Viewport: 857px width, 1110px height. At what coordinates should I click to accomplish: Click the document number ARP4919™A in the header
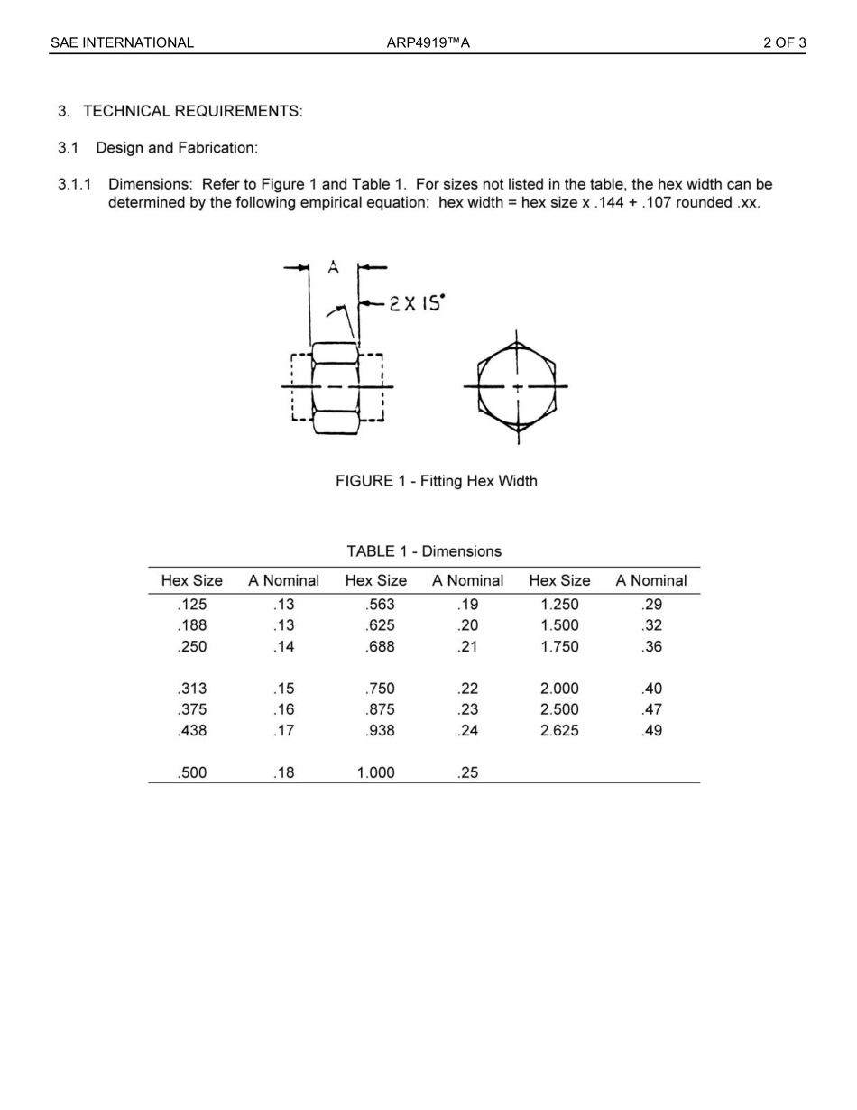pyautogui.click(x=428, y=42)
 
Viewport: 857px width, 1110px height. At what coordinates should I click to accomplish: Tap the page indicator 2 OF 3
pyautogui.click(x=784, y=42)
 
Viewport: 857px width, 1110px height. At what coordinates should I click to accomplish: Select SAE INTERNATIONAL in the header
pyautogui.click(x=122, y=42)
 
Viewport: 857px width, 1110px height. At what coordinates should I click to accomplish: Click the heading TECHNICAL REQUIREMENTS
pyautogui.click(x=192, y=111)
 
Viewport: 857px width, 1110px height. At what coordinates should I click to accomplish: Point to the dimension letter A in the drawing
pyautogui.click(x=333, y=267)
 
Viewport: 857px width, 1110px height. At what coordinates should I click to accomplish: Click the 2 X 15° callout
pyautogui.click(x=416, y=303)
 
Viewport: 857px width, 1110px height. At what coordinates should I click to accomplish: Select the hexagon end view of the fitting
pyautogui.click(x=517, y=386)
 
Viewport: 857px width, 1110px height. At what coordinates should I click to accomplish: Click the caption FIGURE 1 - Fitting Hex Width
pyautogui.click(x=436, y=481)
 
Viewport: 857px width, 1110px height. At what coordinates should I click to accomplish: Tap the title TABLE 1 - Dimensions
pyautogui.click(x=424, y=550)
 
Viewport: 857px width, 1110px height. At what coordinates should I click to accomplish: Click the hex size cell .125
pyautogui.click(x=191, y=605)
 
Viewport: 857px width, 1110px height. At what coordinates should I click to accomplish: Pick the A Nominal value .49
pyautogui.click(x=651, y=731)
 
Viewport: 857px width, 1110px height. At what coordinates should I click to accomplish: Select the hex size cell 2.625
pyautogui.click(x=559, y=731)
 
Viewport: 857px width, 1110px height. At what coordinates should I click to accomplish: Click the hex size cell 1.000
pyautogui.click(x=375, y=773)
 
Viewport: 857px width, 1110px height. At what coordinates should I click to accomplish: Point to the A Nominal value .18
pyautogui.click(x=284, y=773)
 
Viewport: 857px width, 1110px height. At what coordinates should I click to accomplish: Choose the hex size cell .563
pyautogui.click(x=380, y=605)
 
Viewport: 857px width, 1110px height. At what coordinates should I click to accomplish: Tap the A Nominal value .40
pyautogui.click(x=651, y=689)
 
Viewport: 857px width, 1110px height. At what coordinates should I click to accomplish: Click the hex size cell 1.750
pyautogui.click(x=559, y=647)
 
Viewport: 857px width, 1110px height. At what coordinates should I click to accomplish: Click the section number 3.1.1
pyautogui.click(x=75, y=184)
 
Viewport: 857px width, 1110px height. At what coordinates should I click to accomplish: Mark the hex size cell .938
pyautogui.click(x=380, y=731)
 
